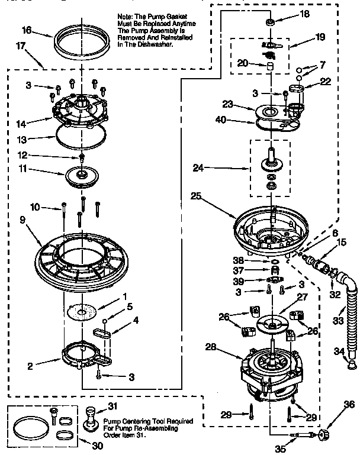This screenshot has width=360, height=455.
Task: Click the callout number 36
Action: click(349, 404)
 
